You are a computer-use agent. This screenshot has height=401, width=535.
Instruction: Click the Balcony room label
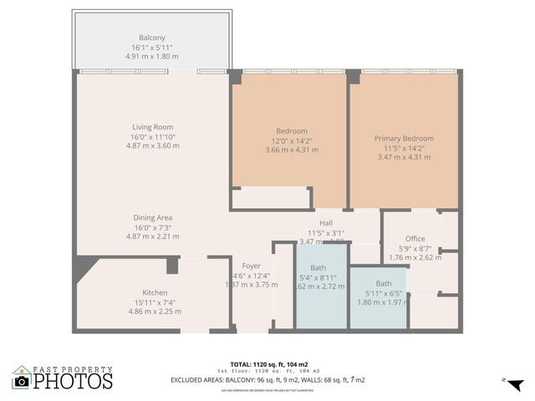(x=152, y=38)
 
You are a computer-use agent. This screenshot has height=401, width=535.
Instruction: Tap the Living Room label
(x=152, y=127)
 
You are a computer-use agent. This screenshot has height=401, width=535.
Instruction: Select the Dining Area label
(x=152, y=217)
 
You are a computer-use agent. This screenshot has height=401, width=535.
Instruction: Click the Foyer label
(x=251, y=265)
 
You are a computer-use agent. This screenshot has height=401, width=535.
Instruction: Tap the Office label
(x=415, y=239)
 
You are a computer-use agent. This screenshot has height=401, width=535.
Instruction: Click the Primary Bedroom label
(x=405, y=138)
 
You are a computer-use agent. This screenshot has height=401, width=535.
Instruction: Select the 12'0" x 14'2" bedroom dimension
(x=292, y=140)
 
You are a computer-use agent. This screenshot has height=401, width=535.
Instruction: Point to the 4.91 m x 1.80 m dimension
(x=152, y=56)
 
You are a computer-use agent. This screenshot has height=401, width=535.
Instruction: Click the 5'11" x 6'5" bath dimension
(x=383, y=293)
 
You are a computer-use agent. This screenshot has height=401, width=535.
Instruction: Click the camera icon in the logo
(x=22, y=381)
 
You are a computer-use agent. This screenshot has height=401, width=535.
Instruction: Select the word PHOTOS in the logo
(x=74, y=381)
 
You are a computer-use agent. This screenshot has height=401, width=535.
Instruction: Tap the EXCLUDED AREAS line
(x=267, y=379)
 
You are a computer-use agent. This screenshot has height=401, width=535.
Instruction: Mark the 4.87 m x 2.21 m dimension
(x=152, y=236)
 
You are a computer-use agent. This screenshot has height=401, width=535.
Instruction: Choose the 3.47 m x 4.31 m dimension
(x=405, y=157)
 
